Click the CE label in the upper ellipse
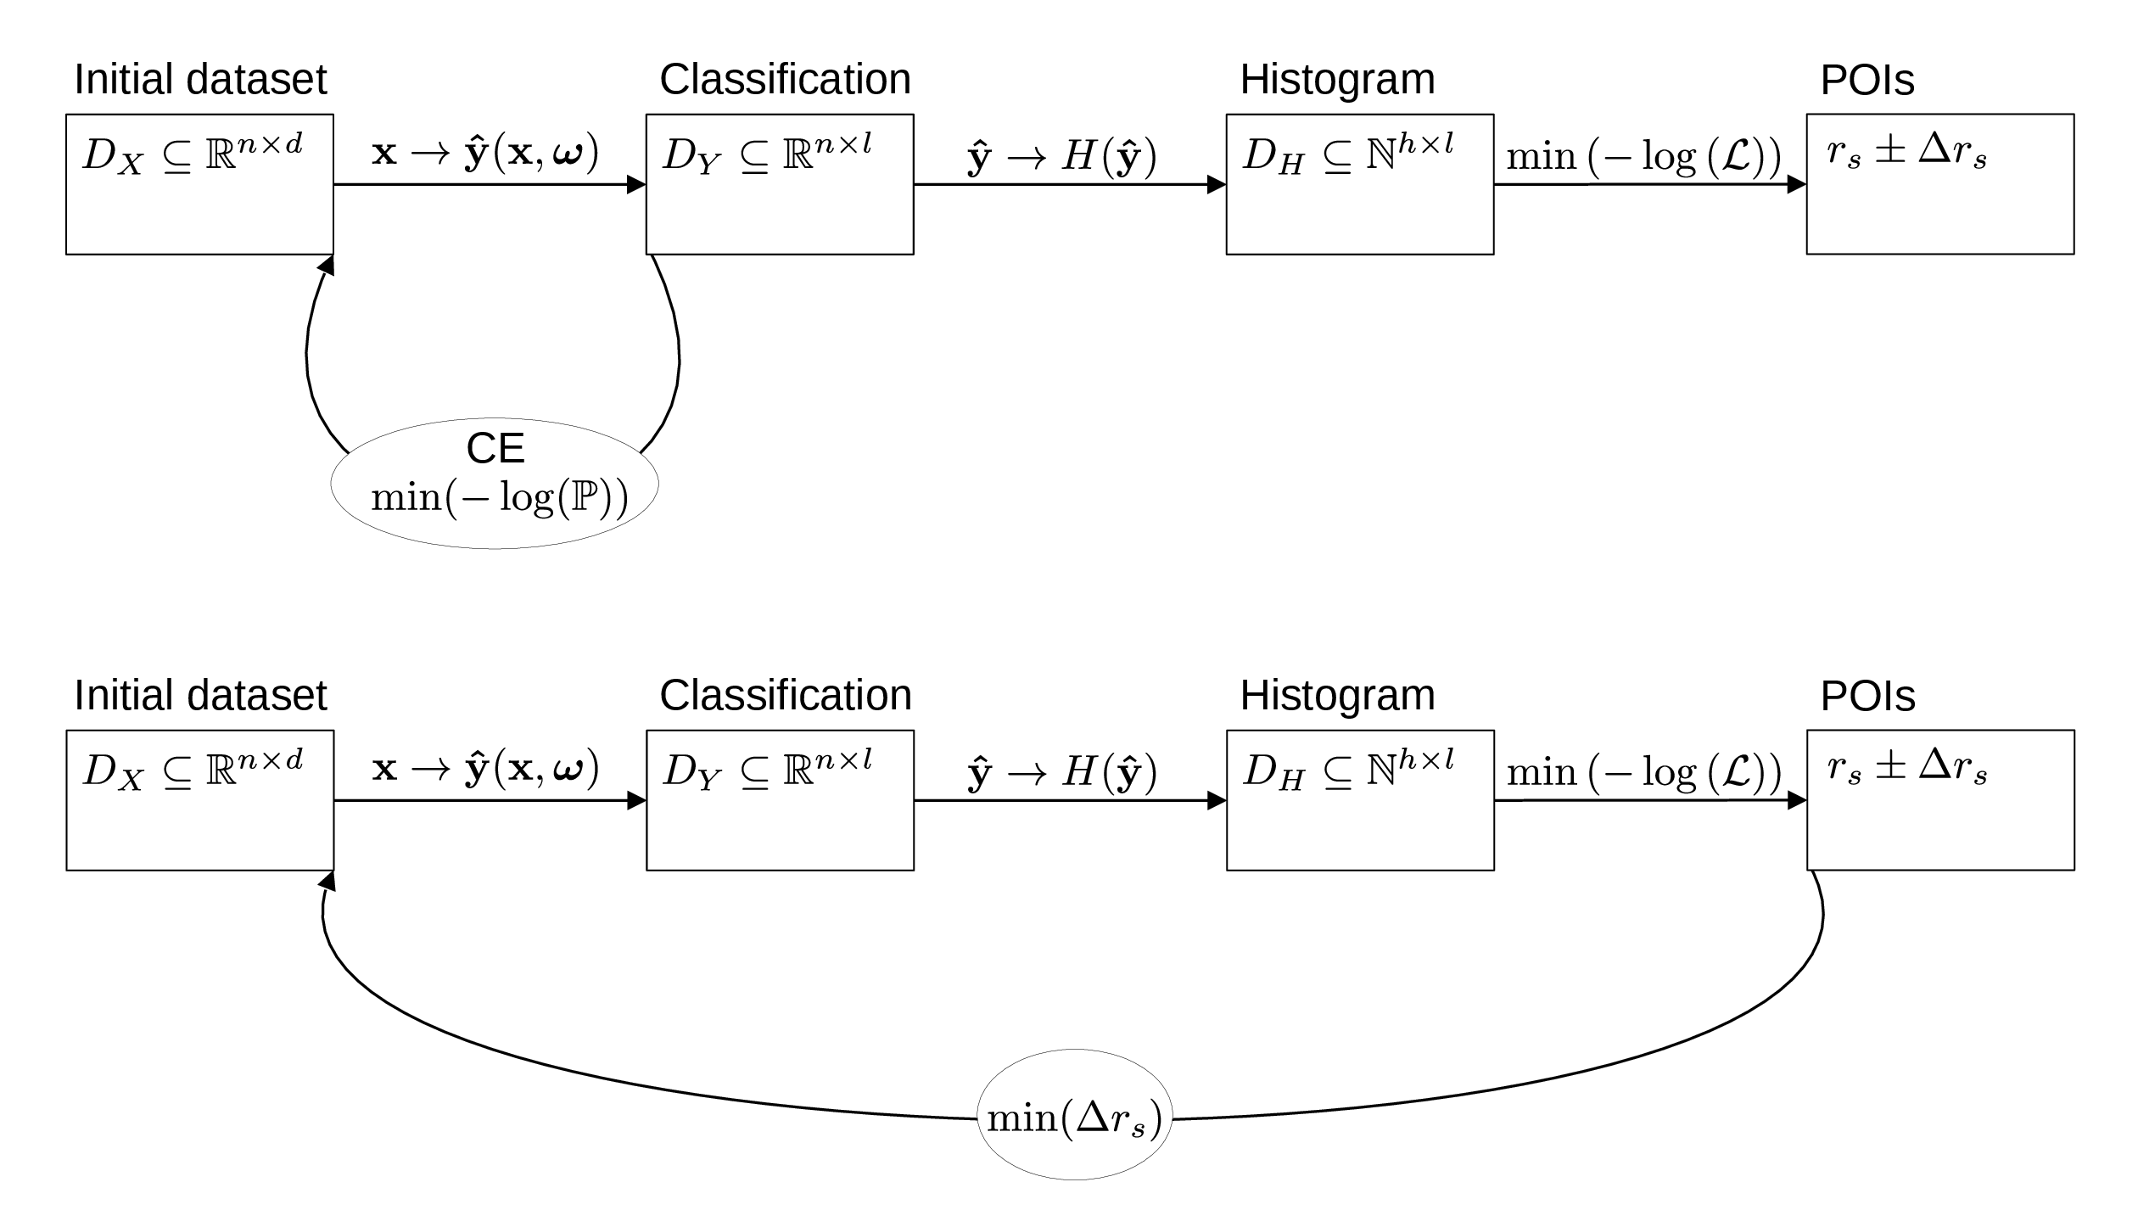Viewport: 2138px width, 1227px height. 495,449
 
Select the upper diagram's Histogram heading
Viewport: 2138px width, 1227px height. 1337,80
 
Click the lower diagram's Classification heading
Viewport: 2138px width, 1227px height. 785,696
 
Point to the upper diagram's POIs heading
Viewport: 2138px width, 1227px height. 1867,80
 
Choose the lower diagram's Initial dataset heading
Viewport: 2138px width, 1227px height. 200,696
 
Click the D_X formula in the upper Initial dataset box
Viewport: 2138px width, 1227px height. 193,155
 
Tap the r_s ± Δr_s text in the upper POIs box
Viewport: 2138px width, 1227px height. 1906,154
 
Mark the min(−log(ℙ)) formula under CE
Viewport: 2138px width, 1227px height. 499,496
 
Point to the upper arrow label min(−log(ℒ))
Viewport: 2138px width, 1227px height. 1643,157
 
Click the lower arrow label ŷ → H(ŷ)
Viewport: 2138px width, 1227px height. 1062,772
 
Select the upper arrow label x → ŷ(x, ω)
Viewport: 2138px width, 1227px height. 485,154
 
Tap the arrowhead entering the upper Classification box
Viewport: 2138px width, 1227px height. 636,184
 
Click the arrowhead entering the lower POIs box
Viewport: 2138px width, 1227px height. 1796,800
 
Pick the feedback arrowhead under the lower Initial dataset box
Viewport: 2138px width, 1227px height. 328,881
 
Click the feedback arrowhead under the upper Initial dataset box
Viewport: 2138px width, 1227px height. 327,265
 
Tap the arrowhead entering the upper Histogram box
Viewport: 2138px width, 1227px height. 1217,184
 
